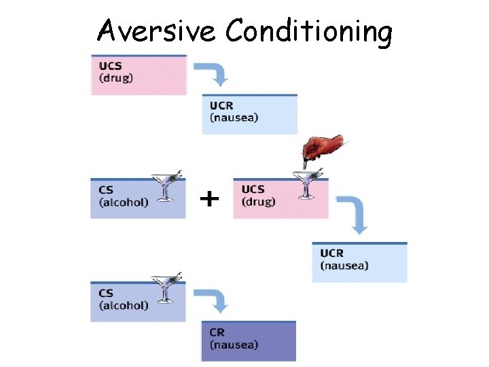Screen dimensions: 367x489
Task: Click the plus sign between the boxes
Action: pyautogui.click(x=211, y=198)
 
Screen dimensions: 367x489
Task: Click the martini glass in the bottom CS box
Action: pyautogui.click(x=164, y=288)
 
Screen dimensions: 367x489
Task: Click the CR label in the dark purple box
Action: pyautogui.click(x=217, y=332)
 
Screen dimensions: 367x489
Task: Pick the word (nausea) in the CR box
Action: pyautogui.click(x=234, y=345)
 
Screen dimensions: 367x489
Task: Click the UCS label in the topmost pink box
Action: pyautogui.click(x=111, y=65)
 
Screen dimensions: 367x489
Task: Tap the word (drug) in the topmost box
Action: pyautogui.click(x=117, y=77)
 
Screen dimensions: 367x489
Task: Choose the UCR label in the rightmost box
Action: pyautogui.click(x=332, y=254)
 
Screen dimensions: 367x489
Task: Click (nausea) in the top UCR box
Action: pyautogui.click(x=234, y=118)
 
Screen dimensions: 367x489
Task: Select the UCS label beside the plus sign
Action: pyautogui.click(x=253, y=189)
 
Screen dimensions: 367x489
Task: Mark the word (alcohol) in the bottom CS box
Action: pyautogui.click(x=124, y=306)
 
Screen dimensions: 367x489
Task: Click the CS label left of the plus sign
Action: pyautogui.click(x=106, y=190)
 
